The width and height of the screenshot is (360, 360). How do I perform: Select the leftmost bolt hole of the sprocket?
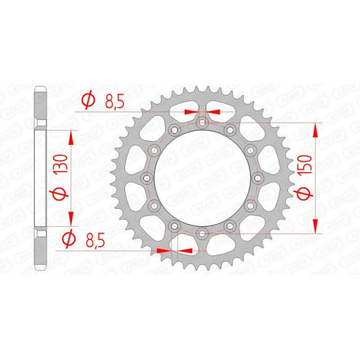pos(146,179)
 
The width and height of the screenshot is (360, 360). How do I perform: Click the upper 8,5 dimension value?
pos(113,103)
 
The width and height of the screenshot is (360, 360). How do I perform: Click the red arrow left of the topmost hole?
pos(190,112)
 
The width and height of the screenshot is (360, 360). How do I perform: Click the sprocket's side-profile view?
pos(41,179)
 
